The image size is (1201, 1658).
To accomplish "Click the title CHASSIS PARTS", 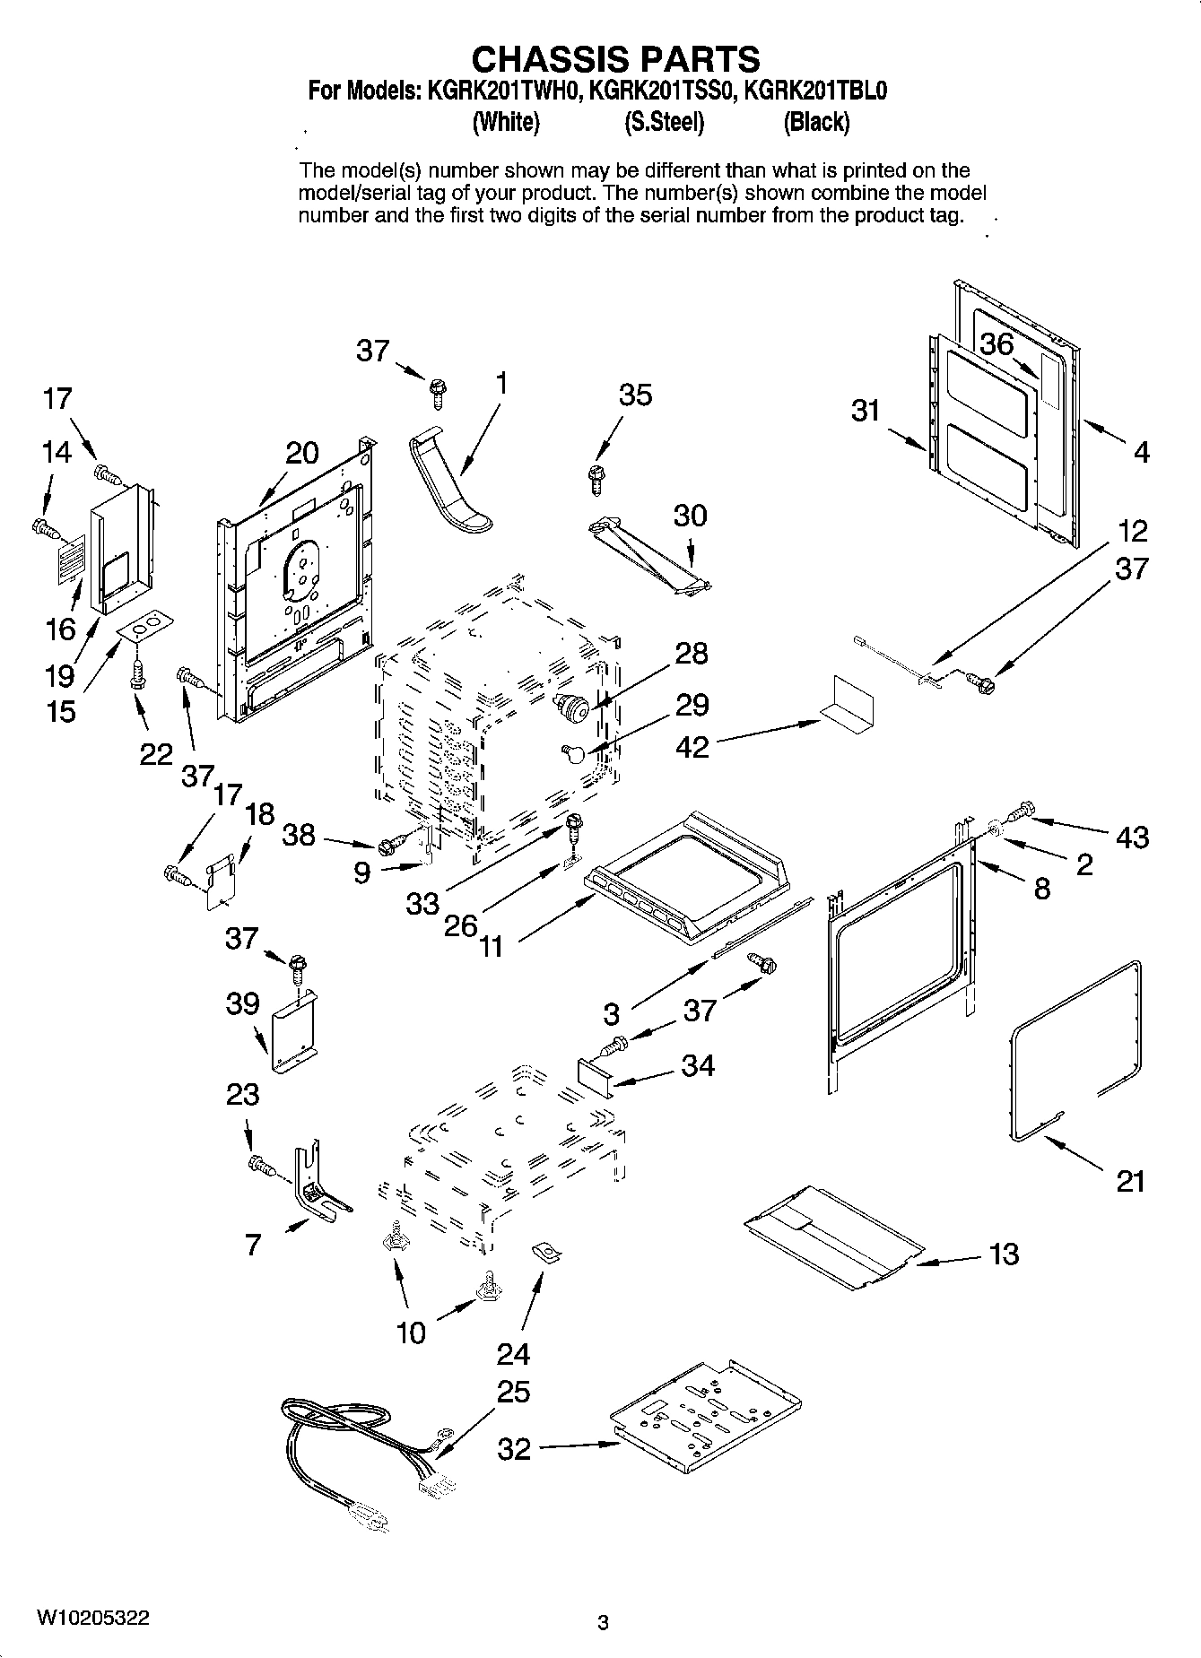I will [615, 59].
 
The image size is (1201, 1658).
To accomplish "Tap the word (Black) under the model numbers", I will [815, 122].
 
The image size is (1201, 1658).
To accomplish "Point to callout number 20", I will [301, 453].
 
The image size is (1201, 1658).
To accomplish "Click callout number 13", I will [1004, 1253].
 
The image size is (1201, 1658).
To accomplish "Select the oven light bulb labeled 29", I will [574, 751].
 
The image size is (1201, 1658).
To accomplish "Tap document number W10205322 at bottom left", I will [92, 1617].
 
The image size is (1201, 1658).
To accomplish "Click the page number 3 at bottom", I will [603, 1622].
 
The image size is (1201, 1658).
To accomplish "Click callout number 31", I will [865, 412].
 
